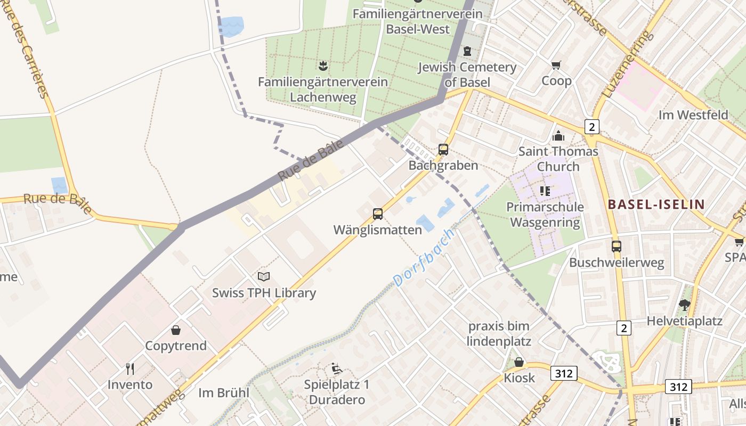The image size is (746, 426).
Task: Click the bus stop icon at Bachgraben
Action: pyautogui.click(x=443, y=150)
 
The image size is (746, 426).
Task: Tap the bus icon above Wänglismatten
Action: pyautogui.click(x=378, y=214)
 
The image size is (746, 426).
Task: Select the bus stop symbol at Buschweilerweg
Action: pyautogui.click(x=617, y=247)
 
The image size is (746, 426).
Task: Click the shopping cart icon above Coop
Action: pyautogui.click(x=556, y=65)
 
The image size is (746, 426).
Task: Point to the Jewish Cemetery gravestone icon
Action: pyautogui.click(x=467, y=51)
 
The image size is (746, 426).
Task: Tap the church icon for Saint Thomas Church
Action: pyautogui.click(x=558, y=136)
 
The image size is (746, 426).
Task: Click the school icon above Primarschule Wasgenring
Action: pyautogui.click(x=545, y=191)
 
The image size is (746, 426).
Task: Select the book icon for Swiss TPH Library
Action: pyautogui.click(x=264, y=276)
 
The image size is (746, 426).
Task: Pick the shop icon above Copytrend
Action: pyautogui.click(x=176, y=330)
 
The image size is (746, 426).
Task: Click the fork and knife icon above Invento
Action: pyautogui.click(x=129, y=368)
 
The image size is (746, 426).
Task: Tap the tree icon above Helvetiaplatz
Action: pyautogui.click(x=685, y=305)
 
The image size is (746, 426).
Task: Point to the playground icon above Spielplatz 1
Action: pyautogui.click(x=336, y=368)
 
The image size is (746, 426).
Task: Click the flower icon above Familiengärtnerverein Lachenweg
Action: pyautogui.click(x=322, y=66)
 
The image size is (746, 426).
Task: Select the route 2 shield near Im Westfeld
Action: pyautogui.click(x=591, y=127)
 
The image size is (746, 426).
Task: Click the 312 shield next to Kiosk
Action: pyautogui.click(x=564, y=373)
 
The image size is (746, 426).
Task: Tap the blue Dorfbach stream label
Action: pyautogui.click(x=423, y=257)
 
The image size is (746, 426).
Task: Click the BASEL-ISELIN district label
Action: pyautogui.click(x=656, y=204)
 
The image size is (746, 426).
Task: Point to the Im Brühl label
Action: pyautogui.click(x=224, y=393)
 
